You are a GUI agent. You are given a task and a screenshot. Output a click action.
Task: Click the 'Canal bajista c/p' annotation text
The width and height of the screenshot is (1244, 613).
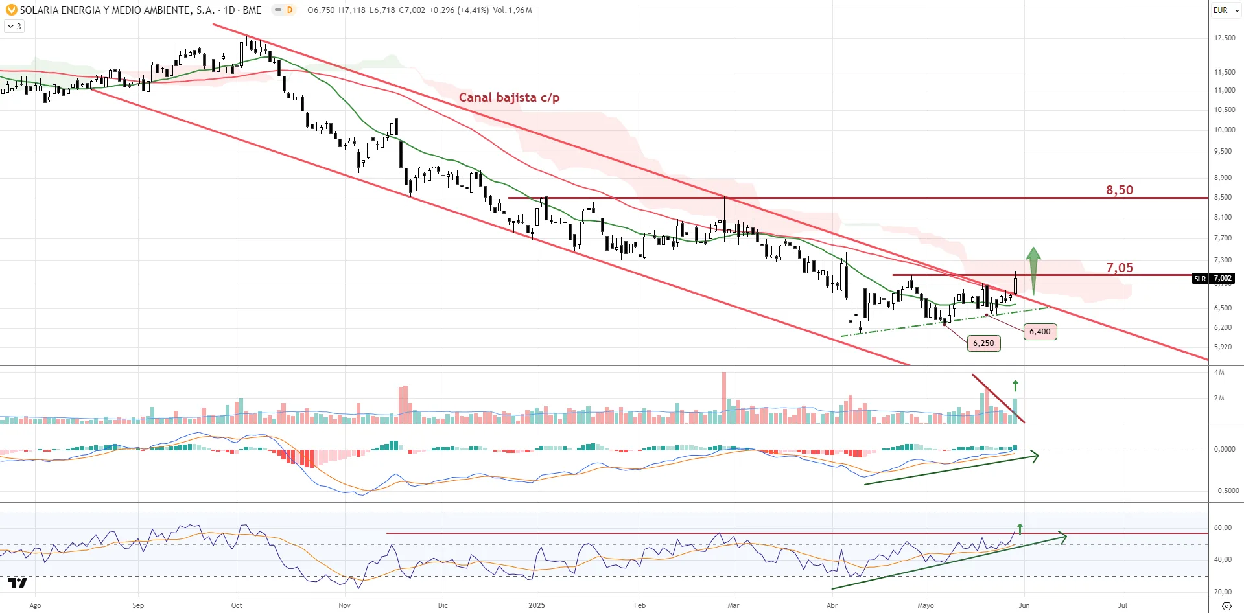[x=509, y=98]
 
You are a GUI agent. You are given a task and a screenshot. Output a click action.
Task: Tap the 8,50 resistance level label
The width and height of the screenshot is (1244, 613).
[x=1120, y=191]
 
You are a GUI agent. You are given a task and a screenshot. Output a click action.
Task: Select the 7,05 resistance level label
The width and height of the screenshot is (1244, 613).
[x=1120, y=268]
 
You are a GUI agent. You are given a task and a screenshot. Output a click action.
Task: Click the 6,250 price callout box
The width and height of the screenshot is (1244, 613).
[x=983, y=343]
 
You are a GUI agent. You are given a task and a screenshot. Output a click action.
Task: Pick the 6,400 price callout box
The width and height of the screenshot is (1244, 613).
[x=1040, y=332]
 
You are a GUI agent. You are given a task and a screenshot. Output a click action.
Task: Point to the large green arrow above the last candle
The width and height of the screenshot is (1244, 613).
[x=1033, y=269]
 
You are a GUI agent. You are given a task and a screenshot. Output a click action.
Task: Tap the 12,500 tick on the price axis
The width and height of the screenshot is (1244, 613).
[x=1224, y=38]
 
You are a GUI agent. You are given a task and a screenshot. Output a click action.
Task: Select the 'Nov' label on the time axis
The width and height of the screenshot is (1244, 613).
[x=344, y=605]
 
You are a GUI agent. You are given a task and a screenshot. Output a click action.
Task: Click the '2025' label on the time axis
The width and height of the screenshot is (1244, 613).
[x=537, y=605]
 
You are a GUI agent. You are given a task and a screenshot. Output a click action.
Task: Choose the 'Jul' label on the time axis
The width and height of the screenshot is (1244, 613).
[x=1122, y=605]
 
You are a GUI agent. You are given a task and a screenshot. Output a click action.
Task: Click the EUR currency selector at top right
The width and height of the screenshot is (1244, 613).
[x=1225, y=10]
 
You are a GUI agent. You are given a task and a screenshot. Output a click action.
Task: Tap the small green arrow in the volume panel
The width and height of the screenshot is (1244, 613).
[x=1015, y=386]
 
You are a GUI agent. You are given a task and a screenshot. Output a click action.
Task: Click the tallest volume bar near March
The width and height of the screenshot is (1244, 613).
[x=724, y=397]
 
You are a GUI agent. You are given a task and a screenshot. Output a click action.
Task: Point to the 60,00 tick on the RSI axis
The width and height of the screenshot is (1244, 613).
[x=1223, y=527]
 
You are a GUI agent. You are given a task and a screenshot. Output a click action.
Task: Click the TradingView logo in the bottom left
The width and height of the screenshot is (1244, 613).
[x=18, y=583]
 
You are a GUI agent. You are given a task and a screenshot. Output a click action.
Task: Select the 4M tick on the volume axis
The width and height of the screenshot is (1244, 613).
[x=1219, y=372]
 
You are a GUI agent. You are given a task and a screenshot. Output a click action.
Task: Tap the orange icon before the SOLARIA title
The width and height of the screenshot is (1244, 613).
[x=11, y=10]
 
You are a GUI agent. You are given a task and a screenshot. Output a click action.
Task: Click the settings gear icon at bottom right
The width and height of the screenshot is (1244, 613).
[x=1226, y=606]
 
